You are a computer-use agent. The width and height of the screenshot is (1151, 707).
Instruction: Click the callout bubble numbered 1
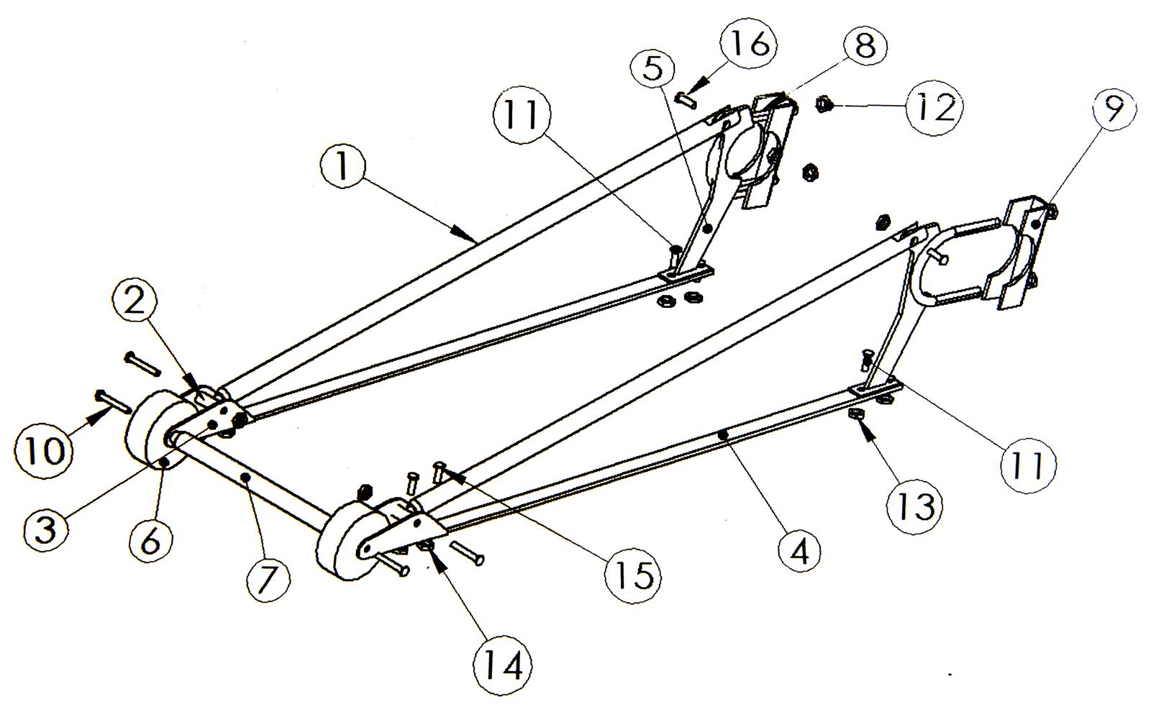342,166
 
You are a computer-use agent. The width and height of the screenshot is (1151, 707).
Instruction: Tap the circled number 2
135,303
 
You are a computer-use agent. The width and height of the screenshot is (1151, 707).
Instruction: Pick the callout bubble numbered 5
653,68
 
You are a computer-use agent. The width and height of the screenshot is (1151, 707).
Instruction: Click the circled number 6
150,541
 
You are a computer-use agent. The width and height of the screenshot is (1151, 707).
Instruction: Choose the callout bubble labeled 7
268,579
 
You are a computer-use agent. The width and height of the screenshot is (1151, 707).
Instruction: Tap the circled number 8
864,46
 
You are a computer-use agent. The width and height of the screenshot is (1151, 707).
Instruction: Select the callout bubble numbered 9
1112,109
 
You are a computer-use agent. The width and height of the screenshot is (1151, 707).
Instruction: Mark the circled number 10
43,451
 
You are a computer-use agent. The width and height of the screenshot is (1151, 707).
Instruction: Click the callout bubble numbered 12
934,107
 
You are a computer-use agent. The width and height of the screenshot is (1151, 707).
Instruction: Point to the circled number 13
915,506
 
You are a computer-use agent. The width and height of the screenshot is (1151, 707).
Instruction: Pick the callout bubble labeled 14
503,667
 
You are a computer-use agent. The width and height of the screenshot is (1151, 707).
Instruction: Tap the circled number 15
634,574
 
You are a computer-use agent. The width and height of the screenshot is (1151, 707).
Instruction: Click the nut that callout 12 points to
824,105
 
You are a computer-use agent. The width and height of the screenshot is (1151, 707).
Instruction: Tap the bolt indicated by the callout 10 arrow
113,401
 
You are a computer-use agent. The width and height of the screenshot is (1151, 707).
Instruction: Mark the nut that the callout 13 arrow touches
855,414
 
